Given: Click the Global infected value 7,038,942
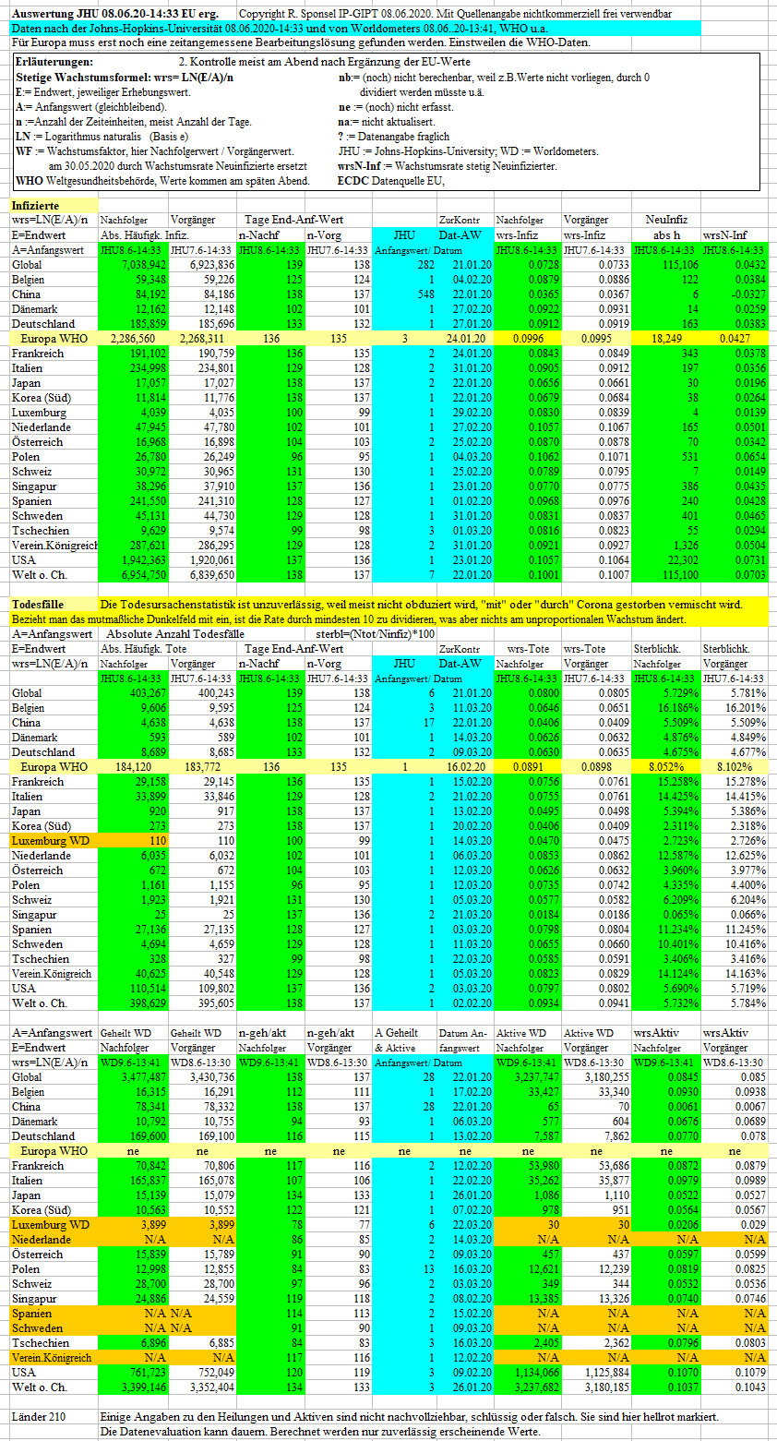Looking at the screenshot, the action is [143, 265].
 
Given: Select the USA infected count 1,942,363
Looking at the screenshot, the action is [143, 560].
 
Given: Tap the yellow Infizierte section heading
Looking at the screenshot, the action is [35, 206].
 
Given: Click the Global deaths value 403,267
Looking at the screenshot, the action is [148, 693].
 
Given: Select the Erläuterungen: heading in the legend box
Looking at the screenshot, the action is [54, 63].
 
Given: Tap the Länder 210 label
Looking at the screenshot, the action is [39, 1417].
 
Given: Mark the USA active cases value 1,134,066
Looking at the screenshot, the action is [534, 1372].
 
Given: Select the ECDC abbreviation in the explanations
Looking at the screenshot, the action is [353, 182].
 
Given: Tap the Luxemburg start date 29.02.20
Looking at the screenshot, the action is [472, 413].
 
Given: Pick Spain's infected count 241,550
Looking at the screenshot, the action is [148, 502].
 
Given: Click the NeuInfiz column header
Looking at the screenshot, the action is [666, 221].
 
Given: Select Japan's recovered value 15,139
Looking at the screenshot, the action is [150, 1195].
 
